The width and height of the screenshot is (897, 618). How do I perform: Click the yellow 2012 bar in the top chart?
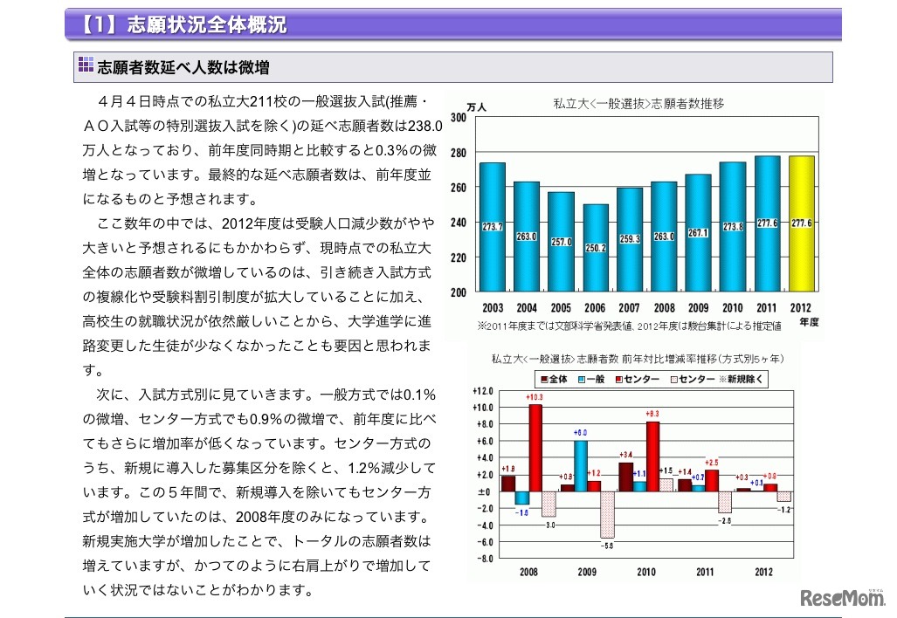point(801,224)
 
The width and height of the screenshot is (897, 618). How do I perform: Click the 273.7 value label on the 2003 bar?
point(492,227)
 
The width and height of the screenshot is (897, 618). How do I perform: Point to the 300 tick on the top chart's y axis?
point(458,117)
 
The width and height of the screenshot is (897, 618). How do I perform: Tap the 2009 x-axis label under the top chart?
point(698,308)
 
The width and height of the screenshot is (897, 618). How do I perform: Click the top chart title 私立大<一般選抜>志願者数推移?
point(639,103)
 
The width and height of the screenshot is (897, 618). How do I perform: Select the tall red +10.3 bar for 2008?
point(535,448)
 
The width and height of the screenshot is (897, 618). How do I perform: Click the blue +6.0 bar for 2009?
point(581,465)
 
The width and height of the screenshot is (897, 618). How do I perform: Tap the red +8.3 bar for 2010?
point(652,457)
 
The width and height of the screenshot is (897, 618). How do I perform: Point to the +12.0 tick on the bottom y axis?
point(482,390)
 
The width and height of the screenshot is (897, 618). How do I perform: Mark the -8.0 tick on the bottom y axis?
point(483,558)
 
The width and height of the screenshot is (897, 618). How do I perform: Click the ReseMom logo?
point(840,599)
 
